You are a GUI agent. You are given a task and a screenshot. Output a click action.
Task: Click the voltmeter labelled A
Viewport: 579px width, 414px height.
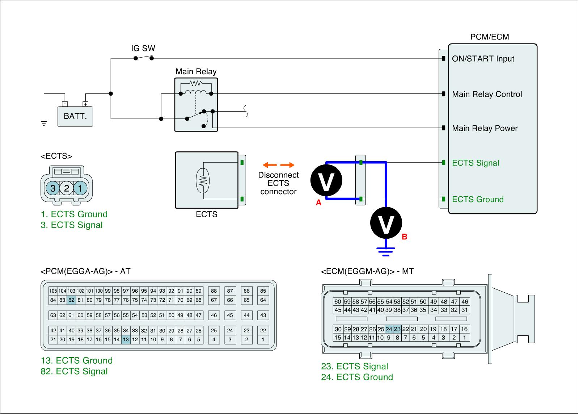click(326, 180)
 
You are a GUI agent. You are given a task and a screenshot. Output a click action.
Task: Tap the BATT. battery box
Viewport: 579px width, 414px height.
click(75, 116)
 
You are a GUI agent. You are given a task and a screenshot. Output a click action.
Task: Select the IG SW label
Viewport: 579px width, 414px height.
click(143, 49)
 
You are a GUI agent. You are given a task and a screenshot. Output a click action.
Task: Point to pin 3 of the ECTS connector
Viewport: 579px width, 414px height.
click(53, 188)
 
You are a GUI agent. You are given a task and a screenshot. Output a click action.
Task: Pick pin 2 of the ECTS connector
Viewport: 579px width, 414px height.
click(67, 188)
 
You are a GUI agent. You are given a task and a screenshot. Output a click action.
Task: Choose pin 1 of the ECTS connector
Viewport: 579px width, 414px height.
click(80, 188)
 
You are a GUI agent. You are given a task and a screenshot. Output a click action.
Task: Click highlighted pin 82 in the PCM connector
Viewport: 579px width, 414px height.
click(71, 300)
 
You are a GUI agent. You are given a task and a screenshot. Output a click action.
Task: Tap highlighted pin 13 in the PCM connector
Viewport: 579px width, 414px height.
click(126, 340)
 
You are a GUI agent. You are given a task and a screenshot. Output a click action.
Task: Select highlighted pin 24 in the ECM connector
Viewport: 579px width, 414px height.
click(389, 329)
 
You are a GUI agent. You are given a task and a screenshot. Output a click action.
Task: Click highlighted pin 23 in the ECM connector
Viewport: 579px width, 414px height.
click(397, 329)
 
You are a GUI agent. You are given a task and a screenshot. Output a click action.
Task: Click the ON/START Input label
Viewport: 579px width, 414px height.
click(483, 59)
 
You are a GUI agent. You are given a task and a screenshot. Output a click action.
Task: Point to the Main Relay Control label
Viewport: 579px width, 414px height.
click(487, 95)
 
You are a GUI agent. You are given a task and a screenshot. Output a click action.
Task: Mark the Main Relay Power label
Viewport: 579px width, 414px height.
click(485, 128)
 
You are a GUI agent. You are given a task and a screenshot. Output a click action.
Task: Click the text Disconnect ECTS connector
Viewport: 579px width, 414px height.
click(278, 183)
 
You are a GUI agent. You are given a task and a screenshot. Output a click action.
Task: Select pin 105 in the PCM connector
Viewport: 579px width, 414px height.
click(53, 291)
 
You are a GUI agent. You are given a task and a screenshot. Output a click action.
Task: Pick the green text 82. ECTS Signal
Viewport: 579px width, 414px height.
click(74, 371)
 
